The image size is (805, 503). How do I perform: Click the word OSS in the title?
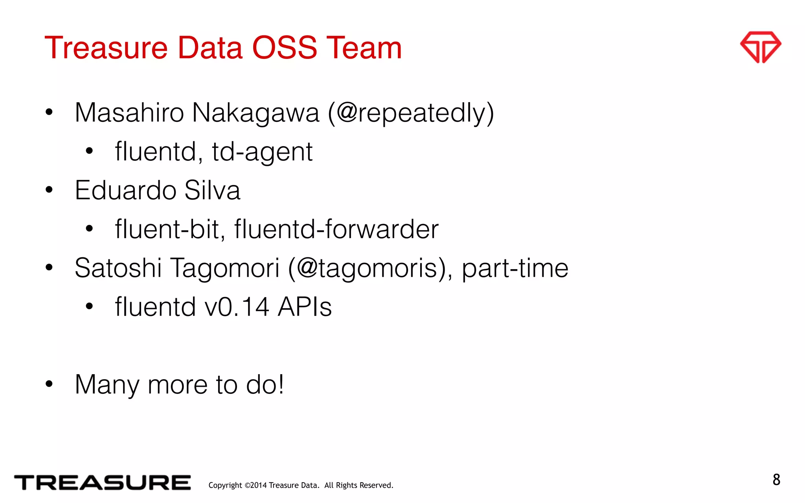[x=284, y=48]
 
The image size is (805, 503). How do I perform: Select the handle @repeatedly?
[x=411, y=113]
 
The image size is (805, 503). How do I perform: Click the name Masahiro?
[x=129, y=113]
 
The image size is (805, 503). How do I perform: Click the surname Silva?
[x=212, y=191]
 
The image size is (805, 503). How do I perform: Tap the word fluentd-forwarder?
[x=336, y=229]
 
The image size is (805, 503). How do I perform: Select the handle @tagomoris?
[x=366, y=268]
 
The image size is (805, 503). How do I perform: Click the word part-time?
[x=515, y=268]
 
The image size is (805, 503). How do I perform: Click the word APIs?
[x=305, y=307]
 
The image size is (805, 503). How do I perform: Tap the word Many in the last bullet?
[x=107, y=385]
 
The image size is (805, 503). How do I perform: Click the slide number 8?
[x=776, y=480]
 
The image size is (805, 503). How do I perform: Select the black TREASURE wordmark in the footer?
[x=102, y=483]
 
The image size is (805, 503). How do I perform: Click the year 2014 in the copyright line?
[x=259, y=486]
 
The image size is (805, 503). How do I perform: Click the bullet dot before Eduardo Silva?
[x=49, y=190]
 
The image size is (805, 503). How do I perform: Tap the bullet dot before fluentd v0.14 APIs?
[x=89, y=307]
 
